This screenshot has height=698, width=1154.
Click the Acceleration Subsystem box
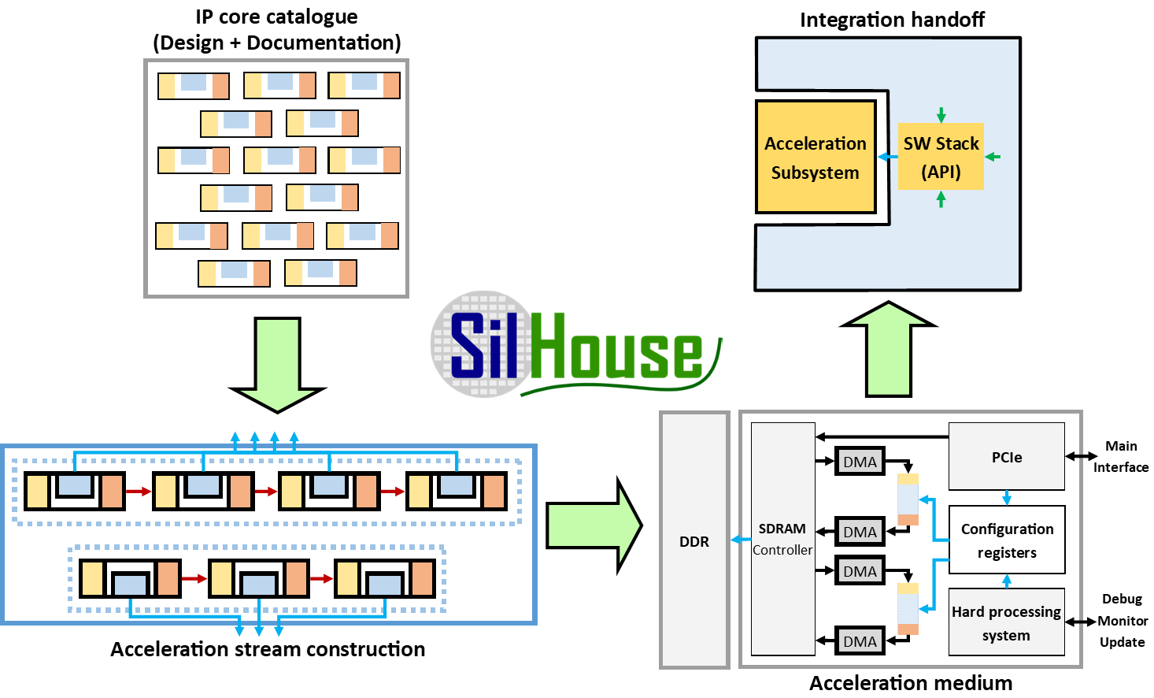pos(816,157)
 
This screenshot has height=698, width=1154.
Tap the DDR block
pos(694,540)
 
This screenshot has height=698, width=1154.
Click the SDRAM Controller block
pos(782,539)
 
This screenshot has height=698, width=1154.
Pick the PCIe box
pos(1006,457)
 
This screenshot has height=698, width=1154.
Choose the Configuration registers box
pos(1007,540)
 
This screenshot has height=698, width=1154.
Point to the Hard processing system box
pos(1006,622)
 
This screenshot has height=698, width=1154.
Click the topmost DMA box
pos(860,462)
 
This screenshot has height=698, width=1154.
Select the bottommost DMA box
pos(860,641)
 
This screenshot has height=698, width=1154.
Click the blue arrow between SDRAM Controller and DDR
pos(741,540)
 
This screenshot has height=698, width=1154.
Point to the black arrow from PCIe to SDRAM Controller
pos(882,436)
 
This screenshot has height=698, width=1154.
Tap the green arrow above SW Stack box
pos(941,115)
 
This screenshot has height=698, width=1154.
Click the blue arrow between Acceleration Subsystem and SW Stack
pos(887,157)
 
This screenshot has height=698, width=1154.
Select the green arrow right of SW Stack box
pos(993,157)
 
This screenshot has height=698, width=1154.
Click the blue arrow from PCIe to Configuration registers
pos(1006,497)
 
